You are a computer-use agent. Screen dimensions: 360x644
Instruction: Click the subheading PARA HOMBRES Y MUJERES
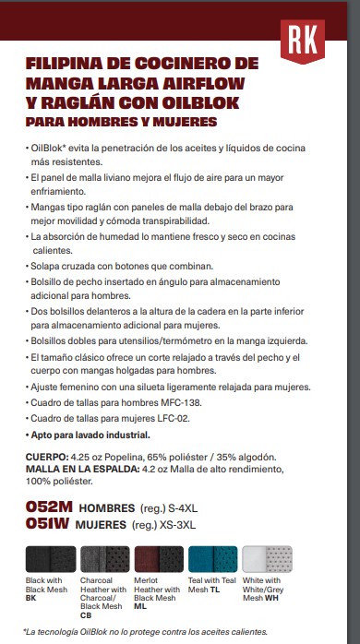click(122, 121)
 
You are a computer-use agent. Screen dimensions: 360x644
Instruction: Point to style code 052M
click(49, 507)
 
